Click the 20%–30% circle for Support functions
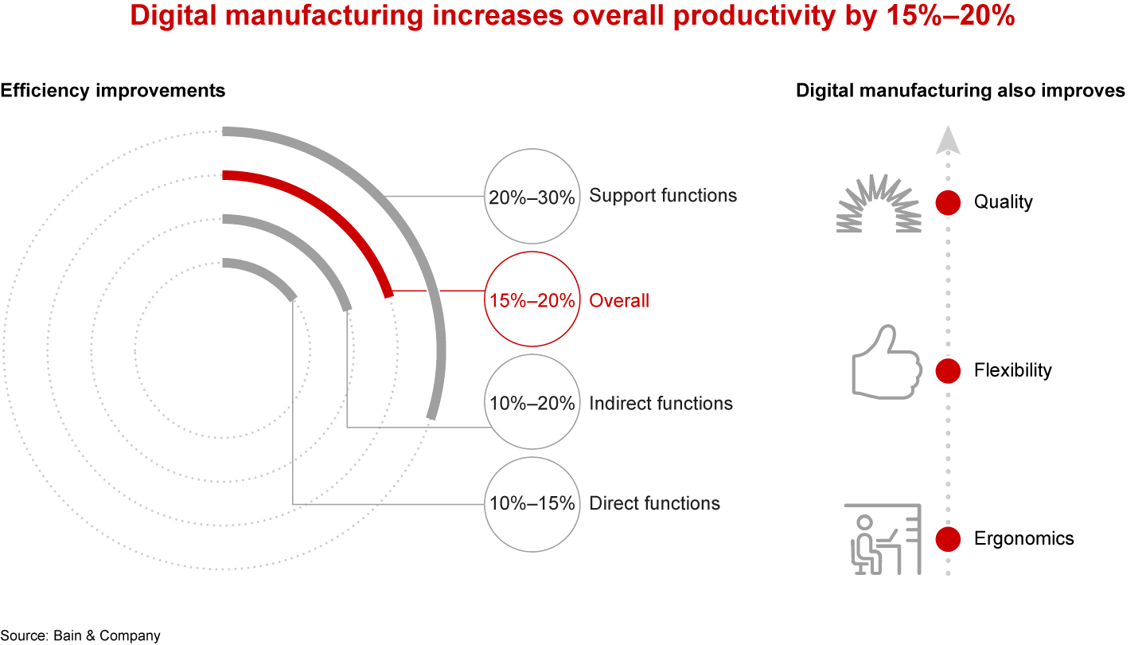click(x=531, y=195)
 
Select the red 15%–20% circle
click(x=531, y=300)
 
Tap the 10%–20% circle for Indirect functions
click(x=531, y=403)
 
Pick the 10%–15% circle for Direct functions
click(x=531, y=503)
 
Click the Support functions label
click(x=663, y=195)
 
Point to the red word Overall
click(x=619, y=301)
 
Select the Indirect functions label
click(x=661, y=404)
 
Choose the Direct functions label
click(x=654, y=503)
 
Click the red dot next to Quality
click(x=948, y=202)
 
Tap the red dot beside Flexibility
click(x=948, y=370)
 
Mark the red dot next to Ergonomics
click(x=948, y=539)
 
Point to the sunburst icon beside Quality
click(x=879, y=205)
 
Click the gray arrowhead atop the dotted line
click(x=947, y=140)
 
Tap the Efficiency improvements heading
click(x=113, y=91)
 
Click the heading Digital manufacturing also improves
click(x=961, y=91)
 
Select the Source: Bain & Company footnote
click(x=80, y=635)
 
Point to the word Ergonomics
click(x=1023, y=539)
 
